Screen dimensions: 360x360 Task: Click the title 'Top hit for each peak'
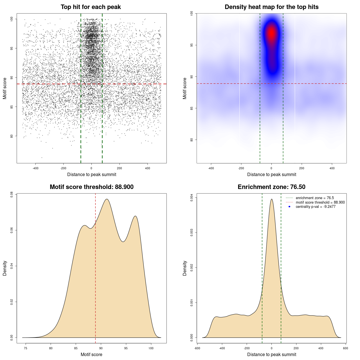(x=91, y=7)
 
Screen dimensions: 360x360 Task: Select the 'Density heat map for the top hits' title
(x=271, y=7)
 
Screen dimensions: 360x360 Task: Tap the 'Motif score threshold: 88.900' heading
(x=91, y=187)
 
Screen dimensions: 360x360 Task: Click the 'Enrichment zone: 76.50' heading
(x=271, y=187)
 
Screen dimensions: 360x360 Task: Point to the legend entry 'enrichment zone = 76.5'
(x=314, y=198)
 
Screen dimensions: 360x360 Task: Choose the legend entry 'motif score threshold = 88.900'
(x=320, y=202)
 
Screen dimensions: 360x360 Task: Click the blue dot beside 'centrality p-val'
(x=289, y=207)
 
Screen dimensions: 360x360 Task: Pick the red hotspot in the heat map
(x=271, y=33)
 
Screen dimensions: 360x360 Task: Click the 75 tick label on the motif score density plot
(x=26, y=348)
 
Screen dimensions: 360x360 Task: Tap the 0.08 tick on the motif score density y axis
(x=12, y=195)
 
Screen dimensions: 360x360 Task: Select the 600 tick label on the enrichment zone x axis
(x=346, y=348)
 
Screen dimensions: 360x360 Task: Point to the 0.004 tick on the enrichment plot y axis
(x=192, y=198)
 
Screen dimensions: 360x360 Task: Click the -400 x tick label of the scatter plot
(x=35, y=168)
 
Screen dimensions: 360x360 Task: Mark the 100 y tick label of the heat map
(x=192, y=13)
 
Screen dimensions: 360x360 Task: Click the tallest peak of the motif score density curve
(x=107, y=199)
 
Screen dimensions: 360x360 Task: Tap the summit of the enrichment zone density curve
(x=271, y=199)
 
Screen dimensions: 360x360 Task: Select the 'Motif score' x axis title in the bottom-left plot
(x=91, y=354)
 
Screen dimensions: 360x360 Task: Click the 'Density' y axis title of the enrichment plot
(x=185, y=268)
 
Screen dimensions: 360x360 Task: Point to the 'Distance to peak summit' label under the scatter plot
(x=92, y=174)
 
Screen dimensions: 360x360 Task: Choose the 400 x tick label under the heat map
(x=332, y=168)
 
